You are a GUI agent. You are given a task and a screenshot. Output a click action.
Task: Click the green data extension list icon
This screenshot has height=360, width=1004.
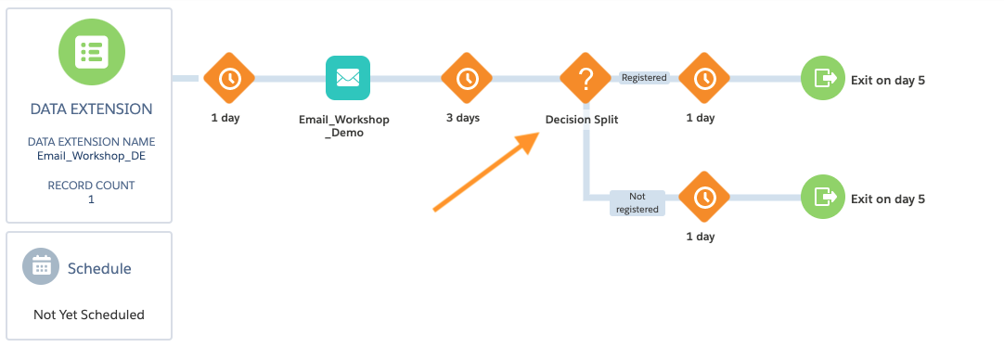(x=92, y=52)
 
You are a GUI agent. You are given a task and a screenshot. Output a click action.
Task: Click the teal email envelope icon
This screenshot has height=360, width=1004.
(x=348, y=78)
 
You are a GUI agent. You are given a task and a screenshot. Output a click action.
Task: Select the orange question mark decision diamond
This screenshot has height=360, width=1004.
(x=586, y=78)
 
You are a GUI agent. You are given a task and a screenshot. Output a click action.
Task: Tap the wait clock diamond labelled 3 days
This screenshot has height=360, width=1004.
(x=466, y=78)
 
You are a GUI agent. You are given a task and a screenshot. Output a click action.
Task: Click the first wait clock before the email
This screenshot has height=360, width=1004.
(x=229, y=78)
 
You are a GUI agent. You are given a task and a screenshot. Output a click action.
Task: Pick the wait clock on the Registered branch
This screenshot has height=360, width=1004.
(x=704, y=78)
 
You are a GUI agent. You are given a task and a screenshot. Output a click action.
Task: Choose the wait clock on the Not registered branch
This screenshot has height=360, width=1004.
(x=704, y=198)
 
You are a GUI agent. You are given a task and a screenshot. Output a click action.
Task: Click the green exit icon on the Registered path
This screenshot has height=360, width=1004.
(x=823, y=78)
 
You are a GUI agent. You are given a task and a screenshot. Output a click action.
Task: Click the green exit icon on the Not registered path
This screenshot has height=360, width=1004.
(x=823, y=198)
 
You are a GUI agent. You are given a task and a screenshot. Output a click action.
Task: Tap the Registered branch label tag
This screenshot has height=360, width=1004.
(x=644, y=78)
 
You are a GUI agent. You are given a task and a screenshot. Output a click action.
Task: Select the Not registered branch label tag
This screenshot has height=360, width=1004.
(x=637, y=202)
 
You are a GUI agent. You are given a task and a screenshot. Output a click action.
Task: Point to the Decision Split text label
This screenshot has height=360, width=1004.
(x=582, y=119)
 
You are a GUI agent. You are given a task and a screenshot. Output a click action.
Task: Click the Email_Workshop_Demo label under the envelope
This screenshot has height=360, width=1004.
(x=344, y=126)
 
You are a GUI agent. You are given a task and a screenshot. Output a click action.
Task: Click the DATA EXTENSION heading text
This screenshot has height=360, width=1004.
(x=92, y=109)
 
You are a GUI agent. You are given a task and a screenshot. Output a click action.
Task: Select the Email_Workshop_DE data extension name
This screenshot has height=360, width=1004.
(x=91, y=156)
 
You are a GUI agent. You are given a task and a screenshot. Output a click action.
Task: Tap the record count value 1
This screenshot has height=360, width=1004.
(x=91, y=199)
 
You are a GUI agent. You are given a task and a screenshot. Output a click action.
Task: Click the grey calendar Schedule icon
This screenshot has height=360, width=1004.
(x=41, y=266)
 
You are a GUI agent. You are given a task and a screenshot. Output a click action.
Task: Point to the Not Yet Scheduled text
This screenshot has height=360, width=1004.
(x=89, y=315)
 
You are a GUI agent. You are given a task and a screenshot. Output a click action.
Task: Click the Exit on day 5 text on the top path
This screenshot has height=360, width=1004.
(x=888, y=81)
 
